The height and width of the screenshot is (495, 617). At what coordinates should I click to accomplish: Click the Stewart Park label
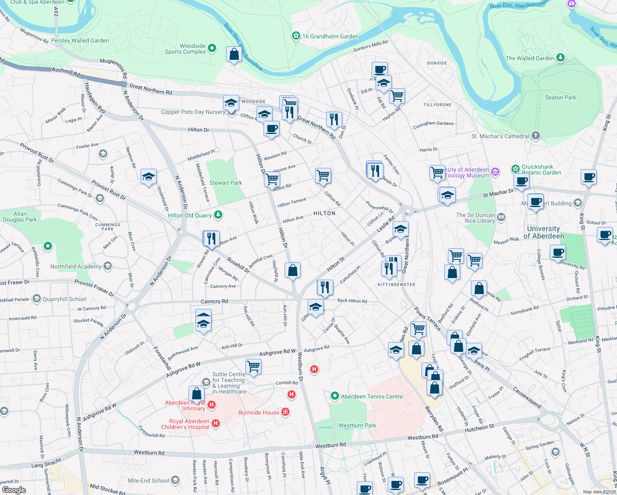point(226,183)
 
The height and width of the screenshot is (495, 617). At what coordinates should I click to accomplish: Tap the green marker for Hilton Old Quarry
point(218,215)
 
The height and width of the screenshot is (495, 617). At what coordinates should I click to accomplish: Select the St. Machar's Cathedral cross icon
point(535,136)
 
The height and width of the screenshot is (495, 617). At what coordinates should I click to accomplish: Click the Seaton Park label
point(560,97)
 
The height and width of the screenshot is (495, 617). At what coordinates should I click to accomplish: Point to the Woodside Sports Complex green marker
point(212,48)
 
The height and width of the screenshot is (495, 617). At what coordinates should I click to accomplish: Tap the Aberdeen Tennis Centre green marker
point(334,396)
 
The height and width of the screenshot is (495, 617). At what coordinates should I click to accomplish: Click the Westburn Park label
point(357,425)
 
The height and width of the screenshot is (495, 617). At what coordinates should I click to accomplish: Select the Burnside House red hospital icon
point(285,412)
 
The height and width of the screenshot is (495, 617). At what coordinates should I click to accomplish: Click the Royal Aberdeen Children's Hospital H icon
point(215,424)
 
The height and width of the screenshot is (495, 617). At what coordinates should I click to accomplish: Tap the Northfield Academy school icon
point(108,266)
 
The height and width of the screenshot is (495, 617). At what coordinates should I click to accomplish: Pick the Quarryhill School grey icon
point(37,299)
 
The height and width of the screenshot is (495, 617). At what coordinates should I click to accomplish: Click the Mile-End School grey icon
point(175,480)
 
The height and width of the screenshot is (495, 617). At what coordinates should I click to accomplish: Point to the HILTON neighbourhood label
point(324,213)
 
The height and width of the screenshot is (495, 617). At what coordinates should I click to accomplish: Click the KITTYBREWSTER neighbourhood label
point(396,285)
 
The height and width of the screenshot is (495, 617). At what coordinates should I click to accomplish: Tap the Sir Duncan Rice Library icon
point(501,217)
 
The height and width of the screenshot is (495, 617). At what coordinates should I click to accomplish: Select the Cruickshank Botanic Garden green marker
point(515,169)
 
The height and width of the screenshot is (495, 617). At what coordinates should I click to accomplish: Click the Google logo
point(14,490)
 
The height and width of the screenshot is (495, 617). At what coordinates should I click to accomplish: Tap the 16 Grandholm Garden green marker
point(296,36)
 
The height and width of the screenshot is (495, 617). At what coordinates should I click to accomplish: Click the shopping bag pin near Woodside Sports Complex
point(234,54)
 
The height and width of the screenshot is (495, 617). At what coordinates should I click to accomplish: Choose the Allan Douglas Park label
point(20,217)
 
